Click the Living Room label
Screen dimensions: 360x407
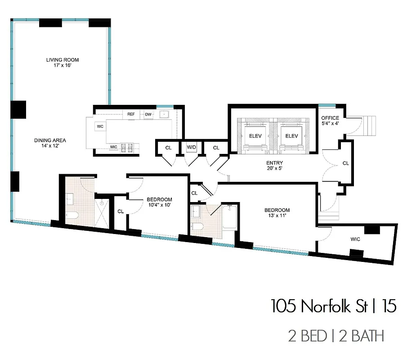point(63,63)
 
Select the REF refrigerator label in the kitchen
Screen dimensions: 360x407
point(131,114)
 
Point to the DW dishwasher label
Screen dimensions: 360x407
point(148,114)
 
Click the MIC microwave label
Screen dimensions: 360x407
point(114,147)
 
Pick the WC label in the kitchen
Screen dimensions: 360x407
point(100,126)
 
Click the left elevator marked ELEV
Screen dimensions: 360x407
point(251,136)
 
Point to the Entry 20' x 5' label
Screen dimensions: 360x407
point(274,166)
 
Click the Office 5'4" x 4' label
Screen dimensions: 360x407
point(330,121)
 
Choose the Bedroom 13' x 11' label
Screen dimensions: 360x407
point(277,213)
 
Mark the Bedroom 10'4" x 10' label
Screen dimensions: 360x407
point(159,202)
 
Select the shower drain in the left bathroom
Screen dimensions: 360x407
point(102,203)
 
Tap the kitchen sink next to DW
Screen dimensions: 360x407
point(165,114)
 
